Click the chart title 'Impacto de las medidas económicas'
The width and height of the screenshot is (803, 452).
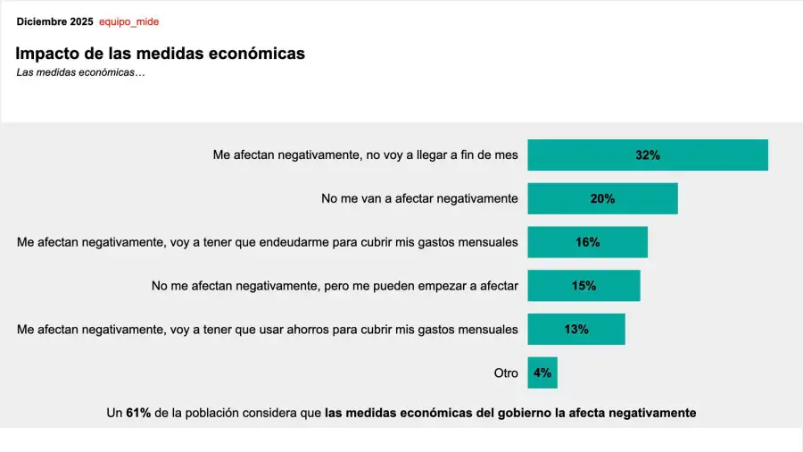[161, 54]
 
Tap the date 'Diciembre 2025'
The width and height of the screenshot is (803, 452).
[54, 21]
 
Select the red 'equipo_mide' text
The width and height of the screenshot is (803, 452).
[128, 21]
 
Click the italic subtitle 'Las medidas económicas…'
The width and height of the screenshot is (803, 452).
[80, 72]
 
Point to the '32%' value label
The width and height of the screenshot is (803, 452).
[648, 155]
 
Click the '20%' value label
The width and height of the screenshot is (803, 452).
[602, 198]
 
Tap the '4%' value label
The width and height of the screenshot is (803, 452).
[542, 372]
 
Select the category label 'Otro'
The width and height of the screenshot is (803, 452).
[506, 372]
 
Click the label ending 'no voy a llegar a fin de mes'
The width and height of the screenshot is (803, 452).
[365, 155]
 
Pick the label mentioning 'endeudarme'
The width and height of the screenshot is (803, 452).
[267, 242]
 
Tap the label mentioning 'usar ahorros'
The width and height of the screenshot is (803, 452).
[267, 329]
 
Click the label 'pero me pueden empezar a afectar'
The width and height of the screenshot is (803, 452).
[335, 286]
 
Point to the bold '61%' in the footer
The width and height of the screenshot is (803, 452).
[138, 413]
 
